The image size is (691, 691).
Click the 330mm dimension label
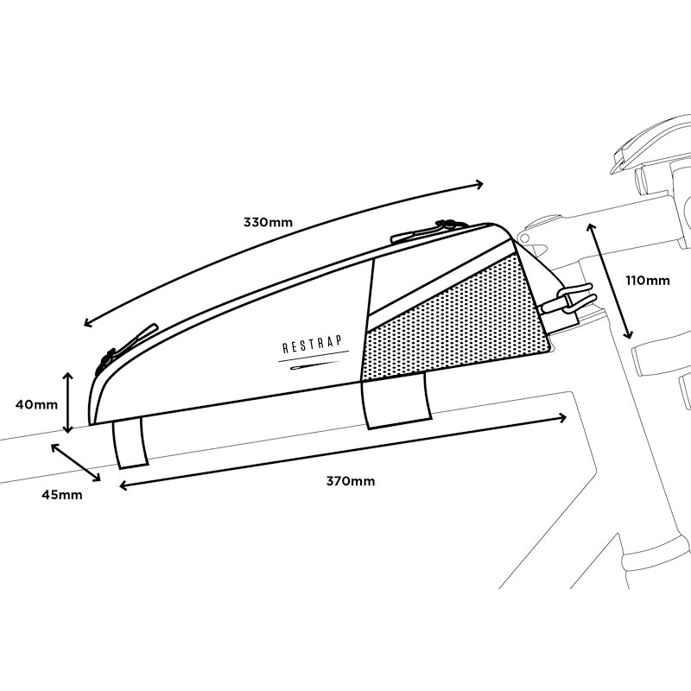(x=268, y=222)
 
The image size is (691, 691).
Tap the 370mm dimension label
(x=351, y=481)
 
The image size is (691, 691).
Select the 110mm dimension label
(x=647, y=280)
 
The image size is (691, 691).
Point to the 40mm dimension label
(x=36, y=404)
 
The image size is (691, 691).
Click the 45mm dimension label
(x=61, y=495)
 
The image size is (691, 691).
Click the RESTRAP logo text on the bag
(x=312, y=344)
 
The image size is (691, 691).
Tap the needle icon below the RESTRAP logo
(x=313, y=365)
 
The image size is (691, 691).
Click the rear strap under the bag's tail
(x=130, y=443)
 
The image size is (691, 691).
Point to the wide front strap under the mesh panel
(x=396, y=400)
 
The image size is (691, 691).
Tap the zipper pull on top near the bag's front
(x=428, y=231)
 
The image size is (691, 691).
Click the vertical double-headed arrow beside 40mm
(x=67, y=403)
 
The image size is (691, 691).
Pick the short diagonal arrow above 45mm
(x=75, y=462)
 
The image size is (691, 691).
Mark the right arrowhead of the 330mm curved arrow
(x=479, y=185)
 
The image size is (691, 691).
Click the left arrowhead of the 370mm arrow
(x=124, y=485)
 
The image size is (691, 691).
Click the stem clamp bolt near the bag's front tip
(x=524, y=238)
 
